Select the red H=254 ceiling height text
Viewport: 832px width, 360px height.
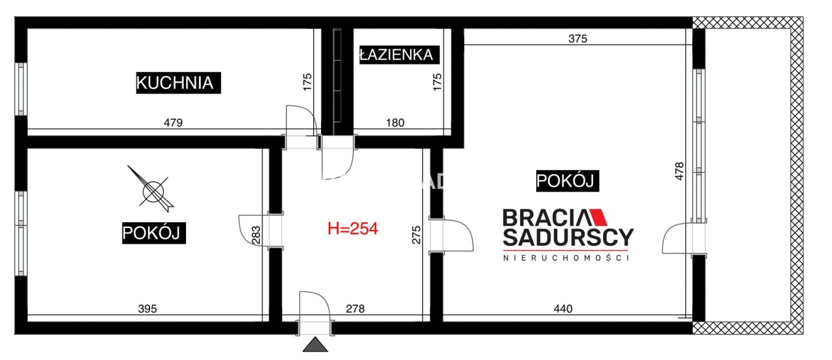pos(353,229)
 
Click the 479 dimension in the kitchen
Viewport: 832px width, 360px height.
pos(173,122)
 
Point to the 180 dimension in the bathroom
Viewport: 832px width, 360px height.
pos(395,122)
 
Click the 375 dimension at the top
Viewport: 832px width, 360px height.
pos(578,38)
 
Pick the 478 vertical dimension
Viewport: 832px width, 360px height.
pos(679,171)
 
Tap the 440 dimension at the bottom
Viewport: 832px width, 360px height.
pos(563,309)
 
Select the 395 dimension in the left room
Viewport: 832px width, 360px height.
pos(148,309)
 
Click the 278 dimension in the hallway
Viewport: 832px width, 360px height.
pos(355,309)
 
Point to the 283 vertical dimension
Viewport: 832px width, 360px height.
pos(256,235)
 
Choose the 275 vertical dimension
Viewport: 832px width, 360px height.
pos(417,235)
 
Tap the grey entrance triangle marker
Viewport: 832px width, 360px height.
pos(315,344)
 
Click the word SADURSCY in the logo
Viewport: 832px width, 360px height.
pos(568,238)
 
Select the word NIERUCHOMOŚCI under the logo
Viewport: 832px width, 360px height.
pos(566,258)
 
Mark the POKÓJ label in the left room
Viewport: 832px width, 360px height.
pos(154,233)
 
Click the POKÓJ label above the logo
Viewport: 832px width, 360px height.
pos(567,181)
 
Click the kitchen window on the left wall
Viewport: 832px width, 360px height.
pos(21,89)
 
